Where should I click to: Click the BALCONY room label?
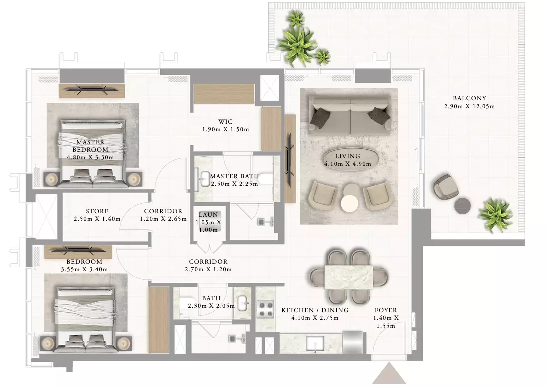click(x=469, y=98)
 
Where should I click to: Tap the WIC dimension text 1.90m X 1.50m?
click(x=226, y=129)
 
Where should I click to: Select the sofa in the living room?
click(x=349, y=115)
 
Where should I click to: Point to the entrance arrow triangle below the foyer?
click(x=389, y=373)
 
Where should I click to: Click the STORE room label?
click(x=97, y=211)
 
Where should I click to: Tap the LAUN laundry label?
click(x=208, y=215)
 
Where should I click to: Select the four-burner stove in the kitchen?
click(x=266, y=309)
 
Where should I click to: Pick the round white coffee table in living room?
click(x=349, y=203)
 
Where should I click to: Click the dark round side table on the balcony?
click(x=463, y=205)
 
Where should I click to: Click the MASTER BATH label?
click(x=235, y=176)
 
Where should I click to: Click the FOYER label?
click(x=386, y=310)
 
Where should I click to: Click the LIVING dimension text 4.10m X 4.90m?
click(x=348, y=164)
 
